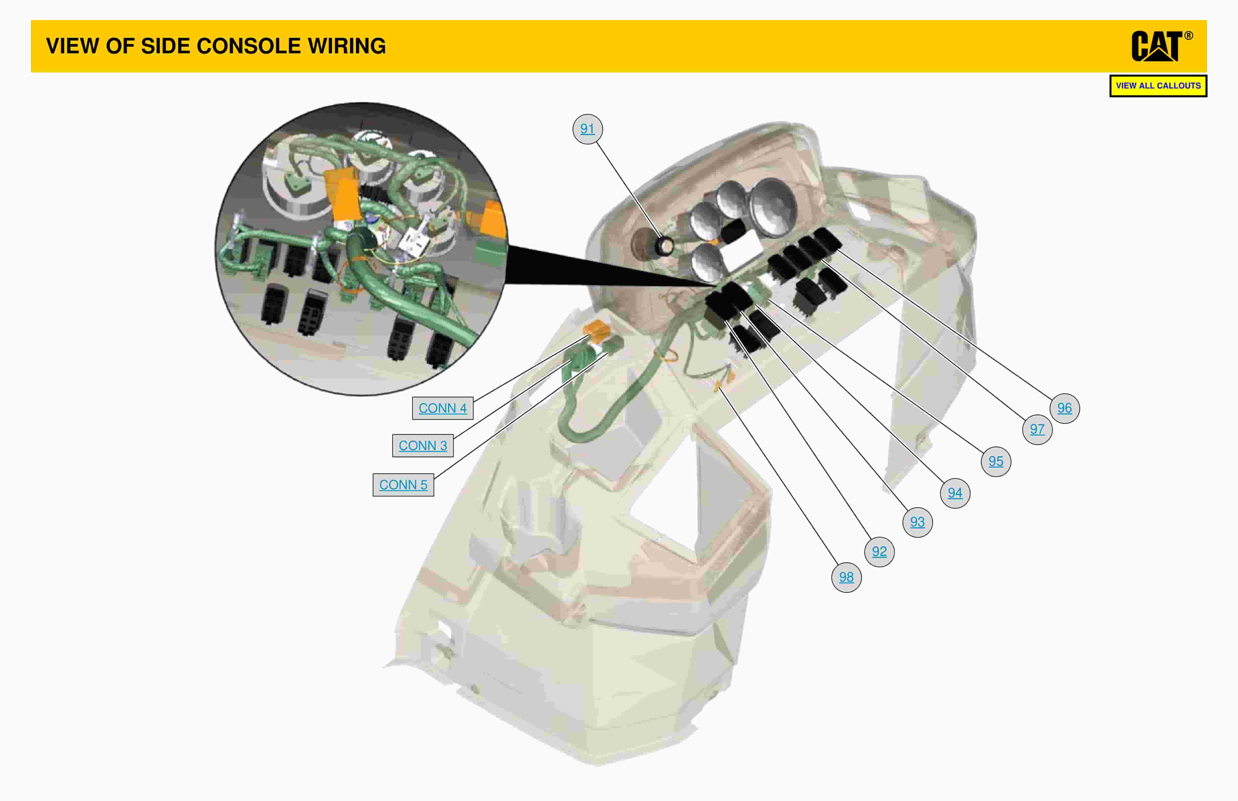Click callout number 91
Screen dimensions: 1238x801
(587, 128)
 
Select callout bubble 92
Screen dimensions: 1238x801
(879, 551)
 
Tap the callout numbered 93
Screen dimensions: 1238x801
(917, 522)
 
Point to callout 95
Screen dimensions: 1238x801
(996, 461)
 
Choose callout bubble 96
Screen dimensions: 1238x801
(1064, 408)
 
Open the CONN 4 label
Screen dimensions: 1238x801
(443, 408)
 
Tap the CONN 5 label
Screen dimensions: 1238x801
(403, 485)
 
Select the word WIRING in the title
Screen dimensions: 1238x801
(346, 46)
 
